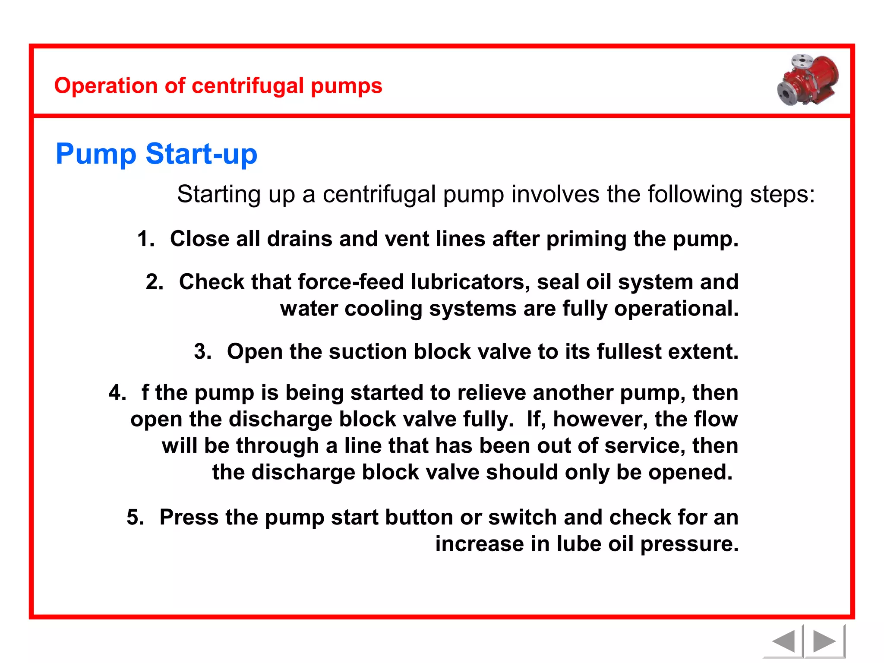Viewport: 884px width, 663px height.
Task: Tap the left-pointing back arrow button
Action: point(783,641)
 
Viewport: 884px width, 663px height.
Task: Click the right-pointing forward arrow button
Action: point(824,641)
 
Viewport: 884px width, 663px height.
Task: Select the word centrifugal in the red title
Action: point(248,85)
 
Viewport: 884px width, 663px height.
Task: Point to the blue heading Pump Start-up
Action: point(156,154)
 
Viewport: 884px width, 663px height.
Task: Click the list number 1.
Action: point(145,239)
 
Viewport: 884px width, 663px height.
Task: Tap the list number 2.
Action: point(154,282)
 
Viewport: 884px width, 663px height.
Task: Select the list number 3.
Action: point(202,351)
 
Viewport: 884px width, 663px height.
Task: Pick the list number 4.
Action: point(117,393)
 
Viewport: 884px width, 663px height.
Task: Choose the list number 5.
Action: point(135,517)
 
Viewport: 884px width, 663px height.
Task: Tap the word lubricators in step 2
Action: point(470,282)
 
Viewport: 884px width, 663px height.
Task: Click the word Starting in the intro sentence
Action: point(219,194)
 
